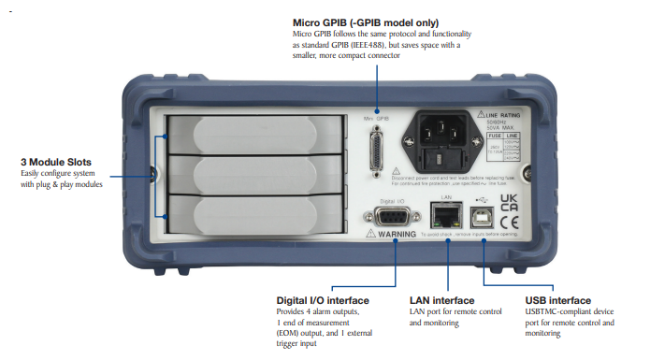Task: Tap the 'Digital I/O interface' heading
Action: [x=323, y=300]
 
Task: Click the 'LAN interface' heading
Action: [x=442, y=300]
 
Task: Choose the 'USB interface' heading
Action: [x=559, y=300]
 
